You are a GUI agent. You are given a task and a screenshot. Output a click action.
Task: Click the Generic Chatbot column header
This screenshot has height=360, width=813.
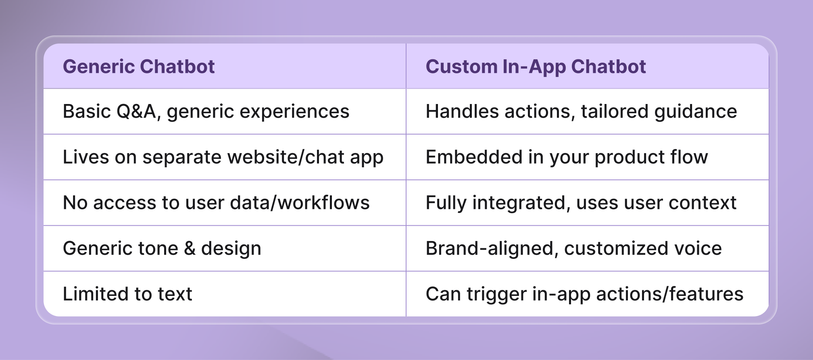pos(139,67)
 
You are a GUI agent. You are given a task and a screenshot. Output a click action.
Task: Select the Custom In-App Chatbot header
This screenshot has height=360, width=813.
pos(536,67)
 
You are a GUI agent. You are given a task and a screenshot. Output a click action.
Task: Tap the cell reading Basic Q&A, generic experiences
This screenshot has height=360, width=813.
pos(206,112)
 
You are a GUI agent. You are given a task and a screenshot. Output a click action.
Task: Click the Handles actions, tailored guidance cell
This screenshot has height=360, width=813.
pos(581,112)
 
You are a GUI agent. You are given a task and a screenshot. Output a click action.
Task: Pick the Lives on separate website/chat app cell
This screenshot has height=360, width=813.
pos(223,157)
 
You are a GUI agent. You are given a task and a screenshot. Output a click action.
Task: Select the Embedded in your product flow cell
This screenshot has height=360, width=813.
pos(567,157)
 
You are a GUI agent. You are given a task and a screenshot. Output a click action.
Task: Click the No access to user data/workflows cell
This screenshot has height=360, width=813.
pos(216,203)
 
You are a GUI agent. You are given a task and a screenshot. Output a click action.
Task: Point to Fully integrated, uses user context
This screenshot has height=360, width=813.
pos(581,203)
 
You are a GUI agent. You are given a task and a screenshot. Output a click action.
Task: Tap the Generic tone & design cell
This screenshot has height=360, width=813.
pos(162,248)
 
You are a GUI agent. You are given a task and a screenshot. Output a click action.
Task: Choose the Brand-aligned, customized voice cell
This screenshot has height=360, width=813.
pos(573,248)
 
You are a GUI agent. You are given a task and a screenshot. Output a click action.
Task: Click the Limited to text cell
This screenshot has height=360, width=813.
pos(127,294)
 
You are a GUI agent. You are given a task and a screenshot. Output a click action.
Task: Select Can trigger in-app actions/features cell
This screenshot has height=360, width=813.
pos(584,294)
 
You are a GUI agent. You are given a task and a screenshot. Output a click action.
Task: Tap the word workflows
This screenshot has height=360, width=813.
pos(323,203)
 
